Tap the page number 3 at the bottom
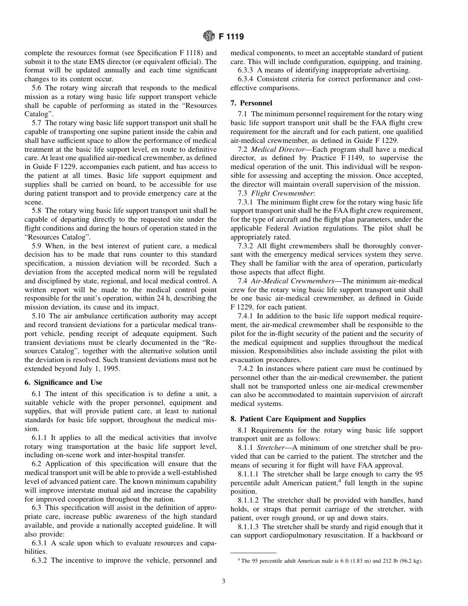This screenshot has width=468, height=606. tap(223, 581)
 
